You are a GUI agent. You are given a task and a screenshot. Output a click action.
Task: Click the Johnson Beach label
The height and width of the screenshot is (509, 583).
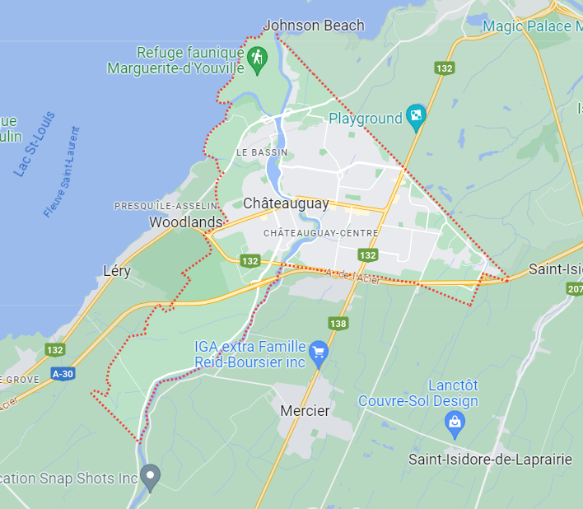(313, 26)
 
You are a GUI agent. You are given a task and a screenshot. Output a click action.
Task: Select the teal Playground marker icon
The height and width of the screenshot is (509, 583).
(416, 119)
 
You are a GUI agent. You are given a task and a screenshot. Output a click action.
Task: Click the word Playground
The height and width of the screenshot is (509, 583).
(365, 119)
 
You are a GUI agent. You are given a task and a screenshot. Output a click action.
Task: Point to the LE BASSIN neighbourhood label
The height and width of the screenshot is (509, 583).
(262, 152)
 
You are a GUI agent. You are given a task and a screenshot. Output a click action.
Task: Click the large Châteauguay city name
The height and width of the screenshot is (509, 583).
(286, 203)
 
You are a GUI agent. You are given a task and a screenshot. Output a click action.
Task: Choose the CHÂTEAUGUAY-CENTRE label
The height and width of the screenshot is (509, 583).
(320, 233)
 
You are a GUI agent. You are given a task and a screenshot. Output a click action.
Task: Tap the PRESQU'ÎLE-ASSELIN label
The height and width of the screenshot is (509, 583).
(166, 205)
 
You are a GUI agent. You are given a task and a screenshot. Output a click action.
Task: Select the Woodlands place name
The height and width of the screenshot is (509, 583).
(185, 222)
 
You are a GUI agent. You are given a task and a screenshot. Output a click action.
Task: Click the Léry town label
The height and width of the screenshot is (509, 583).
(117, 271)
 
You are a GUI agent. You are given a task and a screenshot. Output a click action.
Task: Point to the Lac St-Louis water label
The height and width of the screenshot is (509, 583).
(35, 144)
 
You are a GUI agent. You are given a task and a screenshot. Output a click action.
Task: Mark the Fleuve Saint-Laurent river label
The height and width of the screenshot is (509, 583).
(63, 172)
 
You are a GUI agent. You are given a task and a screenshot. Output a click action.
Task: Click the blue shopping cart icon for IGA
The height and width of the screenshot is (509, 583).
(319, 356)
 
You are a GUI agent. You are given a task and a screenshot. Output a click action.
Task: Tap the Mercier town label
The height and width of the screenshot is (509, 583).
(305, 410)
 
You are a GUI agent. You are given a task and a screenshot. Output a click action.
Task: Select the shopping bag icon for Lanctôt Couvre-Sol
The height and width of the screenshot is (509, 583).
(454, 423)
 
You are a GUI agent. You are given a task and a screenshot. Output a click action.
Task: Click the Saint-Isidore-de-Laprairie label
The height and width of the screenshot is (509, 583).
(490, 460)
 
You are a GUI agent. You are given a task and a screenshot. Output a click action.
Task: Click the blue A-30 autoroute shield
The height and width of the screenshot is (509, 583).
(63, 374)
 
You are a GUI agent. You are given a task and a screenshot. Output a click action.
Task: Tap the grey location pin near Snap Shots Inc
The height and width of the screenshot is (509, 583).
(149, 474)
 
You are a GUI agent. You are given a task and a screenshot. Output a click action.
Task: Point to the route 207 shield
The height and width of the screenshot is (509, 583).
(575, 289)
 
